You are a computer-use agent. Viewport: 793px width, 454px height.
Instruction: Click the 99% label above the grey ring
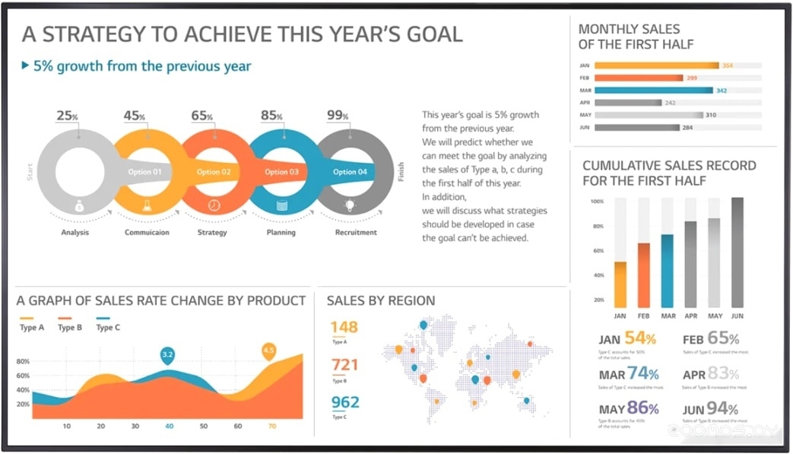338,116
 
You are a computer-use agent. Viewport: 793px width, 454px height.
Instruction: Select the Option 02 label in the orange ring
214,172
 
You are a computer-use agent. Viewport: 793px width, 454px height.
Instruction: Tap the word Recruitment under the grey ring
356,232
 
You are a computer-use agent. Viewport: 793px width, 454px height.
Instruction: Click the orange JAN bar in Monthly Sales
656,65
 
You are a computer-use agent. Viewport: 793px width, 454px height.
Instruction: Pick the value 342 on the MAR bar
722,90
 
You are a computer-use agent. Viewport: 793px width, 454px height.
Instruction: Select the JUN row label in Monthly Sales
584,127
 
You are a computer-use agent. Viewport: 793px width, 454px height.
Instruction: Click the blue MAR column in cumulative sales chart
668,269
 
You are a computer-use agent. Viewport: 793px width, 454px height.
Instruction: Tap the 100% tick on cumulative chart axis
597,202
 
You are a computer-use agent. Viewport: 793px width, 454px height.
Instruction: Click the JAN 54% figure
627,339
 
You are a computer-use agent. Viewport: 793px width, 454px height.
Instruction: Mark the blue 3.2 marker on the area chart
168,354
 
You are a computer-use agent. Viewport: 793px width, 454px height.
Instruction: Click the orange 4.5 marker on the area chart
268,351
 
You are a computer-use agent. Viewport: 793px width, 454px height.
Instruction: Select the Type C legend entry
107,327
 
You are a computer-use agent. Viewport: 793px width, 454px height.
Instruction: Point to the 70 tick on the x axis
272,426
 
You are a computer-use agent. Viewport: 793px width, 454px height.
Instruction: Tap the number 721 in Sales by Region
344,365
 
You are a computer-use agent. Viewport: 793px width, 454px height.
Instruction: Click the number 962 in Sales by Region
344,402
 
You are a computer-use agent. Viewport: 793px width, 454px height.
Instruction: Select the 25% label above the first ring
67,116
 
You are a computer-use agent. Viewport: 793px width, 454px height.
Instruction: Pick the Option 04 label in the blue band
350,172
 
